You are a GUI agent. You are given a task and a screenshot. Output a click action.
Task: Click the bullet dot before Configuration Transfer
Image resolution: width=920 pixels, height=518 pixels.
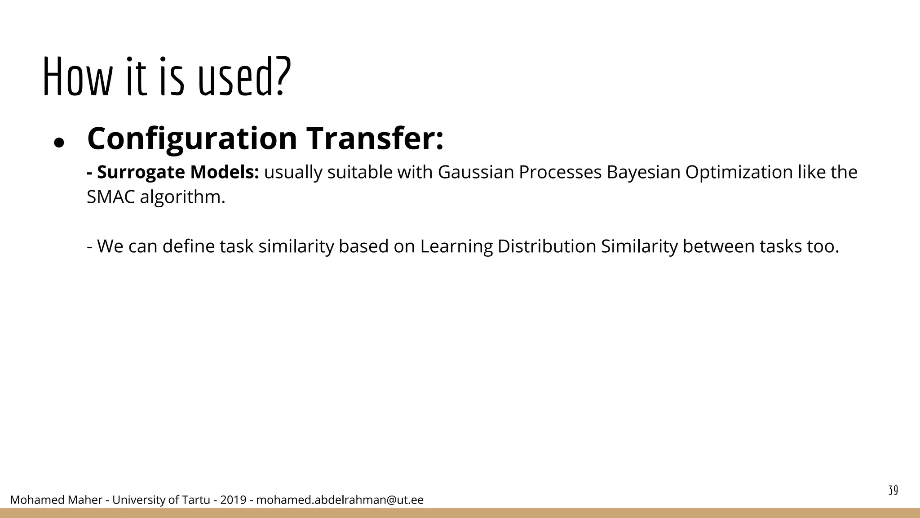click(59, 143)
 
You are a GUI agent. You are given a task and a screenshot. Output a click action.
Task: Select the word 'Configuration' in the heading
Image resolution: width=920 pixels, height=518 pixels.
click(192, 139)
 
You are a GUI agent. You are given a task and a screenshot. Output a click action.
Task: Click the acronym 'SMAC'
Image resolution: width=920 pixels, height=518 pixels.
click(111, 197)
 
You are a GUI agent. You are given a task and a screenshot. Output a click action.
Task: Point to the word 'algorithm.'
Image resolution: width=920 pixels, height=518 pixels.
click(182, 197)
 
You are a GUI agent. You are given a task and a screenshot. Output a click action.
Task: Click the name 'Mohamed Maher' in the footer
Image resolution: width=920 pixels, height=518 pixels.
click(56, 500)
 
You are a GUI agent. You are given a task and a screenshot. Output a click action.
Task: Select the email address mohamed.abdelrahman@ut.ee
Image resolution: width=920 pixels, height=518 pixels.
click(340, 500)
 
